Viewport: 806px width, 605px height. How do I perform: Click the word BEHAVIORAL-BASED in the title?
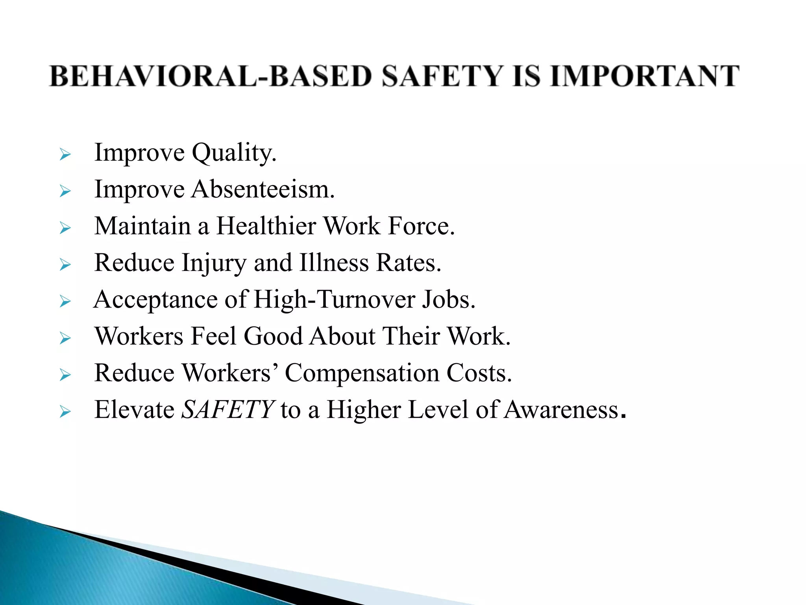pos(211,76)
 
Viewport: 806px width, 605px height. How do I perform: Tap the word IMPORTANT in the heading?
pos(645,76)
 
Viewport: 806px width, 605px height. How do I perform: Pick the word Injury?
pos(214,263)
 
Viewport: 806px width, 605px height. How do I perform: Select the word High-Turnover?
pos(335,299)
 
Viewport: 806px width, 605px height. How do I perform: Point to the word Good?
pos(273,336)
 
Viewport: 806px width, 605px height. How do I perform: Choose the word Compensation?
pos(362,373)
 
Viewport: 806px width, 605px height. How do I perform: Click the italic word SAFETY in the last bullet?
pos(227,410)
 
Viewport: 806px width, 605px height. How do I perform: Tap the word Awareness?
pos(561,410)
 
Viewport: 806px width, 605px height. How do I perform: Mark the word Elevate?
pos(134,410)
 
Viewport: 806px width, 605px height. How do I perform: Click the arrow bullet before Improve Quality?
pos(65,155)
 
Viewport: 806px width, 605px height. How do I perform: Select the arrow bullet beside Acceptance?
pos(65,302)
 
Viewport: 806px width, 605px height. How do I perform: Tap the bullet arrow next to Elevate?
pos(65,412)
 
